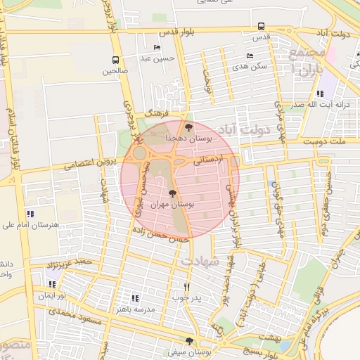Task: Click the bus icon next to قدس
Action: coord(261,27)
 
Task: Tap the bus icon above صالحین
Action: coord(116,60)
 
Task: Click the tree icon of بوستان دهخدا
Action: coord(188,127)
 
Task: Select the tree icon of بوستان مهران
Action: coord(172,192)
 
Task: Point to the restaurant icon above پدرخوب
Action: coord(186,287)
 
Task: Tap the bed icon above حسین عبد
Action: coord(156,49)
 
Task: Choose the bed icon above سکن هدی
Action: coord(250,56)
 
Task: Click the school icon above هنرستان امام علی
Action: coord(30,213)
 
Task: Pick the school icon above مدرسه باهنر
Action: coord(135,298)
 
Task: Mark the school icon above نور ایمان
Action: coord(52,285)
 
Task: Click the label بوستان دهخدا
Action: coord(186,139)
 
